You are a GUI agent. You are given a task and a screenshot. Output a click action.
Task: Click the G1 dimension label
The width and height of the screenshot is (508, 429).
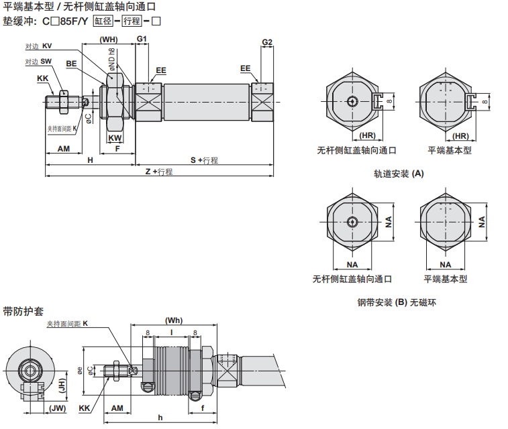pos(142,39)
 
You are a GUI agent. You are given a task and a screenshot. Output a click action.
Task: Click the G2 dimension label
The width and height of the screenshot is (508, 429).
pos(267,42)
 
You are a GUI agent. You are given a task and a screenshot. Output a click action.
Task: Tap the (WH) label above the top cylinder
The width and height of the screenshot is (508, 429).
pos(109,40)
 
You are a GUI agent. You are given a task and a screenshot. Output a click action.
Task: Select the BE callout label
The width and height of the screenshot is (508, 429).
pos(71,64)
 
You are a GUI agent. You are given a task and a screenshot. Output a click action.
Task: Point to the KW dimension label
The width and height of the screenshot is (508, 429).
pos(115,138)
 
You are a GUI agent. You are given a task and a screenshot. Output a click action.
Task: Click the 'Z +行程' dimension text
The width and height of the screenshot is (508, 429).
pos(159,172)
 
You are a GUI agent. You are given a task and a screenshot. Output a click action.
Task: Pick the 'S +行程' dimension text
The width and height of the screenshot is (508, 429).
pos(204,160)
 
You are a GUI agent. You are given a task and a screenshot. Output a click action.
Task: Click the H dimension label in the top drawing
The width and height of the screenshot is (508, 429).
pos(90,160)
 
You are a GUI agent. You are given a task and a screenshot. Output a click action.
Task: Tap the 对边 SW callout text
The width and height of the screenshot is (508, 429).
pos(38,62)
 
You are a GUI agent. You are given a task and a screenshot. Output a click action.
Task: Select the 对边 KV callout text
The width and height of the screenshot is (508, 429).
pos(38,46)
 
